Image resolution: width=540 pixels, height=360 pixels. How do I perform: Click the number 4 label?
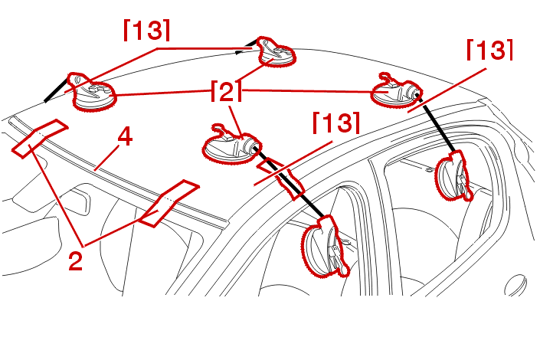pos(125,138)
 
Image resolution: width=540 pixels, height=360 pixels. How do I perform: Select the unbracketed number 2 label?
pos(75,260)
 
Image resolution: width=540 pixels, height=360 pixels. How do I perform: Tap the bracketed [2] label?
pos(226,91)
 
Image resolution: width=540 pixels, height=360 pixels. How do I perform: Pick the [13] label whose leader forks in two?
pos(147,30)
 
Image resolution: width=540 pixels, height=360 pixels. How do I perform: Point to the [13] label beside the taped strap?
pos(336,123)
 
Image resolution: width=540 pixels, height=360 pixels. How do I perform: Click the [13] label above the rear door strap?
pos(489,50)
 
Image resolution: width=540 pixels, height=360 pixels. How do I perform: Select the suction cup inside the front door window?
pos(325,247)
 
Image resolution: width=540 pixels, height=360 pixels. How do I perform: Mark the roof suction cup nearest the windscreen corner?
pos(92,93)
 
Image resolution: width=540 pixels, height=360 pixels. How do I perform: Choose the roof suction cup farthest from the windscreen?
pos(277,52)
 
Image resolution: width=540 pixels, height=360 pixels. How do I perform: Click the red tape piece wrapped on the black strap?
pos(281,178)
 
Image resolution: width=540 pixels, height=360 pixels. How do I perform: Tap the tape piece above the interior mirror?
pos(169,203)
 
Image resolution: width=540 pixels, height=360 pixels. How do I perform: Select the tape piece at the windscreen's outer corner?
pos(40,139)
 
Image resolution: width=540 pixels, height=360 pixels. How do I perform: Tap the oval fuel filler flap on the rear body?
pos(516,285)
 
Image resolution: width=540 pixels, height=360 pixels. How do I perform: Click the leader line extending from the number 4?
pos(107,157)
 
